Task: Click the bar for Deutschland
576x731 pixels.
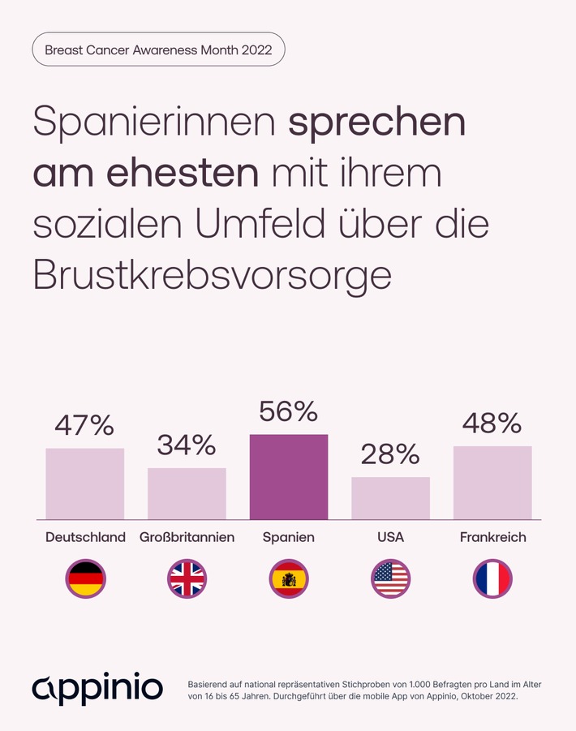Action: (85, 484)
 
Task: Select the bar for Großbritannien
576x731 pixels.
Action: (187, 493)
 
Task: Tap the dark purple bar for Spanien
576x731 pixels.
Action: (289, 477)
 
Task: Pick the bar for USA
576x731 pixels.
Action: (390, 498)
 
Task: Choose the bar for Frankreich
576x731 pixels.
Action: (492, 483)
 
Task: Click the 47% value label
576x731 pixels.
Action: (85, 425)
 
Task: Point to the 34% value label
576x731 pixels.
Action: (187, 445)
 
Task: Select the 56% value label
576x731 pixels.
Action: (289, 412)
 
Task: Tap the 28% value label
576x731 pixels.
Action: (390, 454)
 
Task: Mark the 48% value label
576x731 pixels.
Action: (492, 423)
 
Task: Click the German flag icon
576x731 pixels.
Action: (85, 579)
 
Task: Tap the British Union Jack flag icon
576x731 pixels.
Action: (187, 579)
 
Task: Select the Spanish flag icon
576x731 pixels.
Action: (289, 579)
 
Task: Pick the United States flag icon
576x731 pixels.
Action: (390, 579)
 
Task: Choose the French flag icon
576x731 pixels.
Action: (492, 579)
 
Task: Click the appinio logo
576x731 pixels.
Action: (97, 688)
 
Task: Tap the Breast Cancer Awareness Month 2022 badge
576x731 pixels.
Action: (158, 49)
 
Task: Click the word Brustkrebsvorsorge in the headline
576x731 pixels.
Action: (213, 276)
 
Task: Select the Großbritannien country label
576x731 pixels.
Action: (187, 537)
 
